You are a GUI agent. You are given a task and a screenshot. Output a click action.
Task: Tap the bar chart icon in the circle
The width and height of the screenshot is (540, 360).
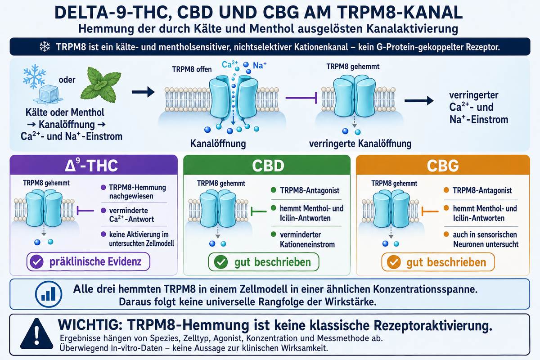point(49,294)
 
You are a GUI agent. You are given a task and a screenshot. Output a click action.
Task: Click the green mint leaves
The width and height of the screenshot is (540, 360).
point(101,85)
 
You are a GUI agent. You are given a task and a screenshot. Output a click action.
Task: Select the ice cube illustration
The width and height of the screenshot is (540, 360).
point(48,94)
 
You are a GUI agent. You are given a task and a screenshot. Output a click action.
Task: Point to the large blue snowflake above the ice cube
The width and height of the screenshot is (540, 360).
point(34,76)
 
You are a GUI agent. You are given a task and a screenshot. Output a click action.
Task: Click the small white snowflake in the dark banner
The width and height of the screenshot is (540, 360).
point(45,47)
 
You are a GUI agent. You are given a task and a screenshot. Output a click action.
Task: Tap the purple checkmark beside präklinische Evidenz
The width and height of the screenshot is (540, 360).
point(36,261)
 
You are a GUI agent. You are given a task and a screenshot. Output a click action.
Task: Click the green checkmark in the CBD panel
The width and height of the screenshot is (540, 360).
point(221,262)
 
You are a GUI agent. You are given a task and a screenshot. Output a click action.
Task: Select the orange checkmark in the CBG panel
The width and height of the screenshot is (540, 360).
point(394,262)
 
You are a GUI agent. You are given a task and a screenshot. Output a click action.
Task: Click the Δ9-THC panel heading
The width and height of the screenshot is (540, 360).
point(91,165)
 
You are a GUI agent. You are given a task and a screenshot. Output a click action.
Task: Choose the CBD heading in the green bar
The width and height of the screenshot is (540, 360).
point(268,166)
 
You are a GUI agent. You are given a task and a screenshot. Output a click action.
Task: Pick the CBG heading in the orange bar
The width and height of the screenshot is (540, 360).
point(443,166)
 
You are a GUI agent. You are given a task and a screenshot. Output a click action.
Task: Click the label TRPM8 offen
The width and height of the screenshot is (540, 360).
point(192,69)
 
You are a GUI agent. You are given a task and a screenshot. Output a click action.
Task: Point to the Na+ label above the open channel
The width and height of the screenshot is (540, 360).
point(260,65)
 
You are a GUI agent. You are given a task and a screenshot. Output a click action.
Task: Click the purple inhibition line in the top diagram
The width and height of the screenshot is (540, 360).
point(301,98)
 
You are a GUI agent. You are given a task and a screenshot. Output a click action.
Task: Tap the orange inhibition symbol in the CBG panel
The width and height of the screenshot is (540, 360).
point(430,211)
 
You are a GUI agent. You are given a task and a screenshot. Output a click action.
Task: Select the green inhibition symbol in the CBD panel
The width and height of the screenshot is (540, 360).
point(259,211)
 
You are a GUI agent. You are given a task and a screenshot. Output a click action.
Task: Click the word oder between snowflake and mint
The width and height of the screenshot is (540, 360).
point(67,80)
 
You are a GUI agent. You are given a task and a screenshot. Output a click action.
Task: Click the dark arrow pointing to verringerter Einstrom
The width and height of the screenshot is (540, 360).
point(419,100)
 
